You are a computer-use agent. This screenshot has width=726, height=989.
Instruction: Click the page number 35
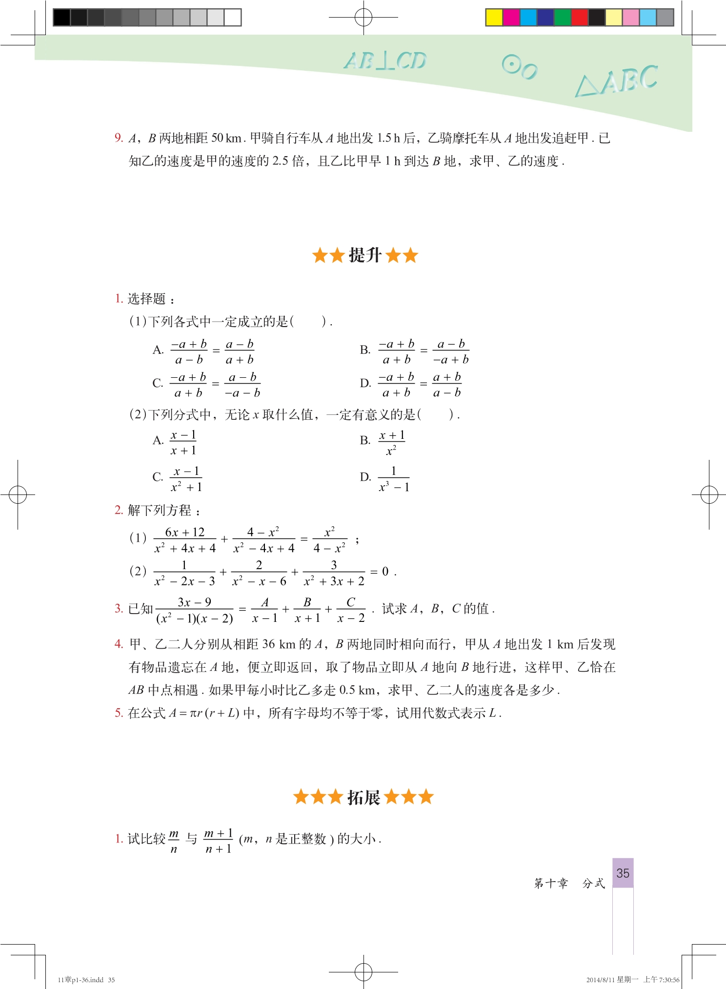pyautogui.click(x=623, y=873)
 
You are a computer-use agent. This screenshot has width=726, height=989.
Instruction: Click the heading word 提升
pyautogui.click(x=365, y=255)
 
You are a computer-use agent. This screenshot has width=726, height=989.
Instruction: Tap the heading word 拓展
pyautogui.click(x=363, y=797)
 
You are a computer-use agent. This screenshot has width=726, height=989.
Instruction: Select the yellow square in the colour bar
pyautogui.click(x=494, y=18)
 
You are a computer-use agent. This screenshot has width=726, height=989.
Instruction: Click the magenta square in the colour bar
pyautogui.click(x=511, y=18)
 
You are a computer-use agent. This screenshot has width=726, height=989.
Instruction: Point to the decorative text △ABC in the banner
pyautogui.click(x=617, y=81)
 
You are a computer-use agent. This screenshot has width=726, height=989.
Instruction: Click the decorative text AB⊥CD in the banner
pyautogui.click(x=385, y=61)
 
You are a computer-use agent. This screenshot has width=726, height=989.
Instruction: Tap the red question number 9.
pyautogui.click(x=119, y=138)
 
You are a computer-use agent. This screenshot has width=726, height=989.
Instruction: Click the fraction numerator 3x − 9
pyautogui.click(x=194, y=602)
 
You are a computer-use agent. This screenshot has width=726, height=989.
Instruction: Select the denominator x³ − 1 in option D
pyautogui.click(x=394, y=487)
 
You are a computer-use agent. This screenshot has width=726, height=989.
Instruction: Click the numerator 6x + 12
pyautogui.click(x=184, y=532)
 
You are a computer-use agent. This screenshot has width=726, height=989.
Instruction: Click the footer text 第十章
pyautogui.click(x=551, y=883)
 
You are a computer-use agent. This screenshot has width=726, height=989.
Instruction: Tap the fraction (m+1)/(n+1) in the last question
pyautogui.click(x=218, y=841)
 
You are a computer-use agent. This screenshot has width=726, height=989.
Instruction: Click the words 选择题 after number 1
pyautogui.click(x=147, y=299)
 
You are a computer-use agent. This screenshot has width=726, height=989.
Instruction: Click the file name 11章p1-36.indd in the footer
pyautogui.click(x=81, y=980)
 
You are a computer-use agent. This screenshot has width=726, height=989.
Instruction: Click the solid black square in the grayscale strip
pyautogui.click(x=61, y=18)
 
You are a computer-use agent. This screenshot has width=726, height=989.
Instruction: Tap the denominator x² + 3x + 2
pyautogui.click(x=334, y=581)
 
